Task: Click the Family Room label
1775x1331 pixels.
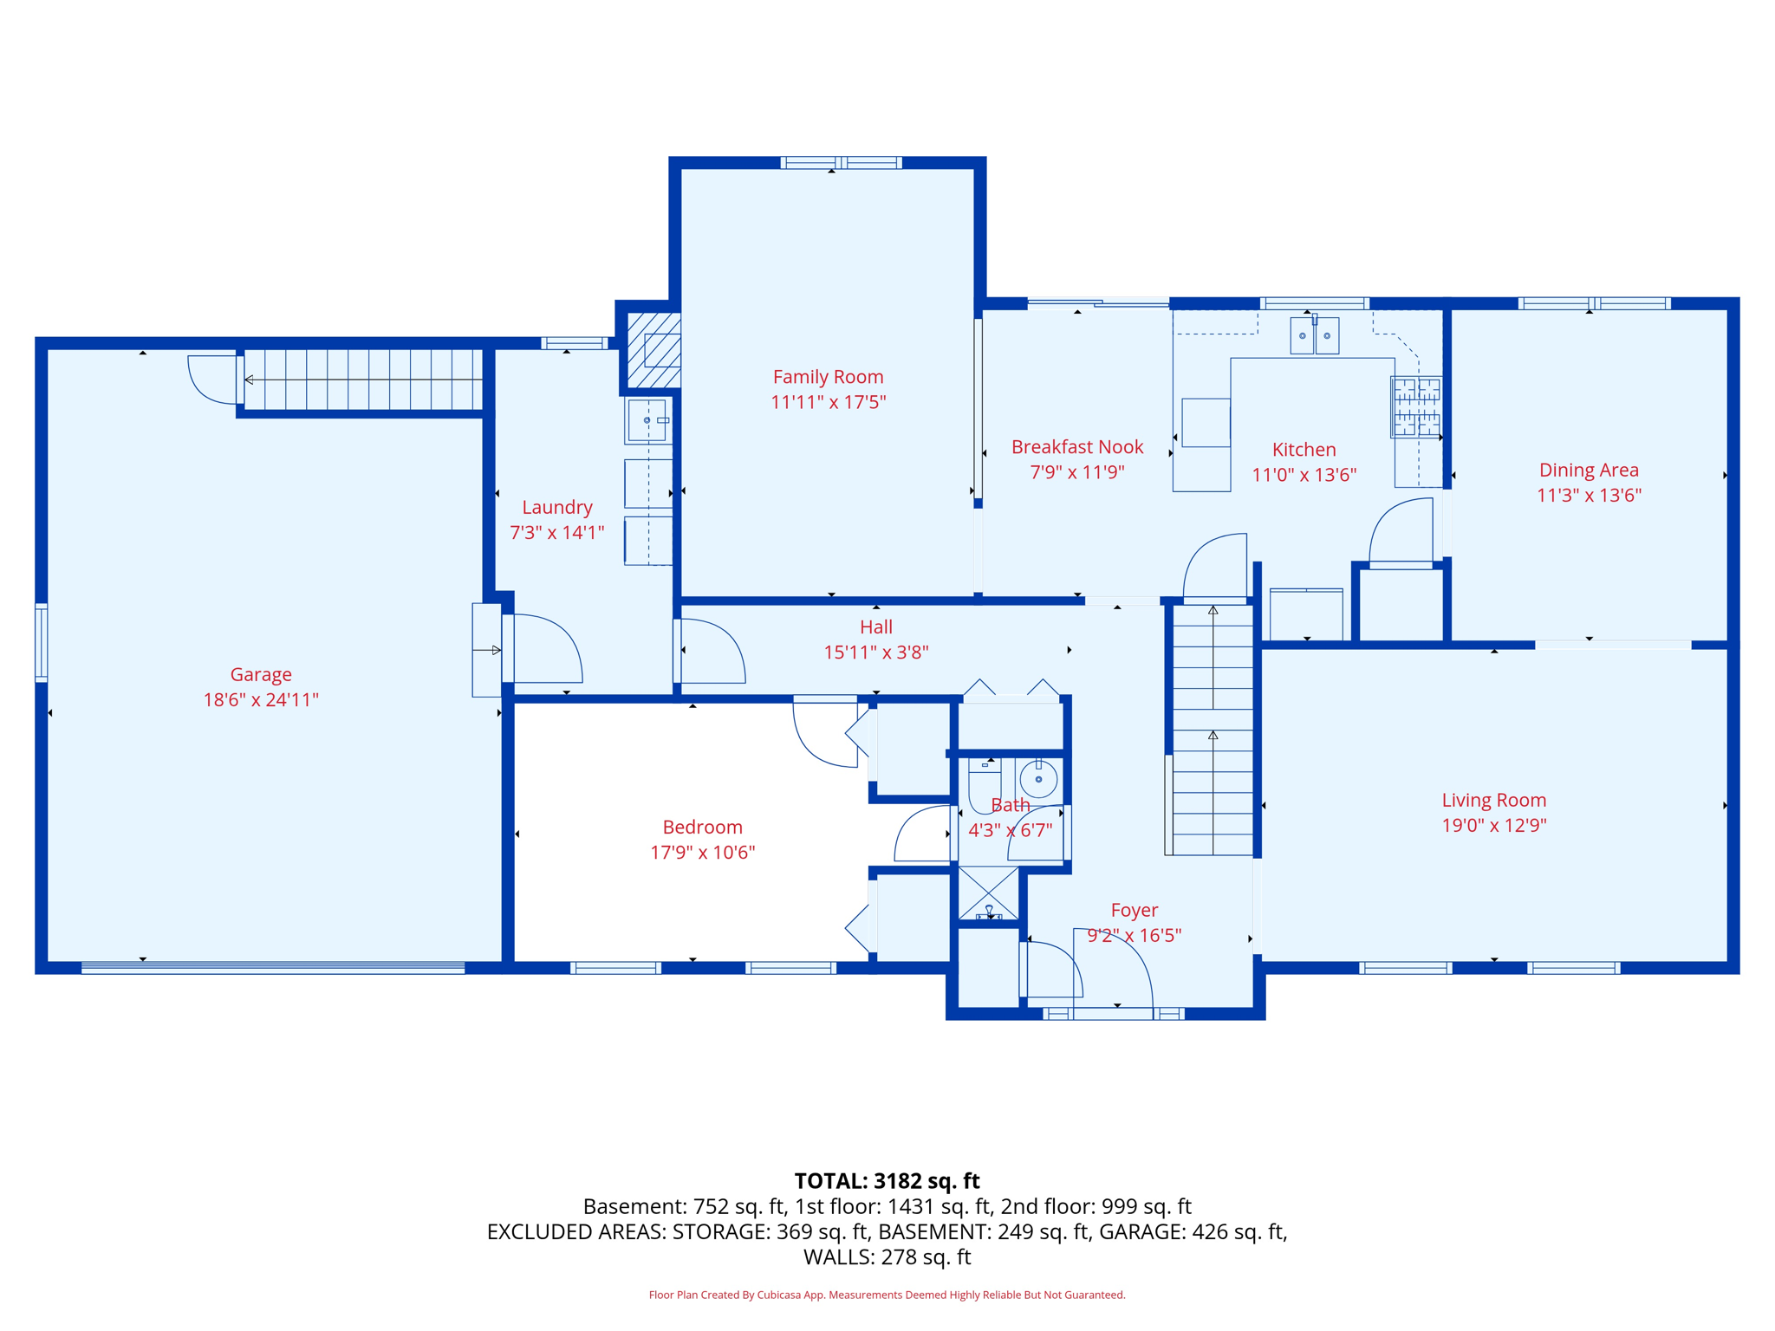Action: tap(828, 377)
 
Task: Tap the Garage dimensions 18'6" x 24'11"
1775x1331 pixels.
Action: tap(261, 699)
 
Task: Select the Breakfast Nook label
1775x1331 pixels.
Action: tap(1077, 447)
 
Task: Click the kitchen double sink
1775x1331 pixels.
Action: tap(1314, 335)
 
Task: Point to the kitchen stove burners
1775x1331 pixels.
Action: tap(1416, 406)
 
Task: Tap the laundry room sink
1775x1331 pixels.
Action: tap(648, 420)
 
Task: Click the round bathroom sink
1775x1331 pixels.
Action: tap(1037, 779)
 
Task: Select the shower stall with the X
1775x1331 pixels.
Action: tap(988, 893)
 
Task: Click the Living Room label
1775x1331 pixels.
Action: tap(1493, 801)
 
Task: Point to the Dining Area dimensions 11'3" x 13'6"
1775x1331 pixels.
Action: tap(1589, 495)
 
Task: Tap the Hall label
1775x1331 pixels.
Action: tap(875, 627)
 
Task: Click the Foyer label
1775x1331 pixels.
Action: tap(1134, 910)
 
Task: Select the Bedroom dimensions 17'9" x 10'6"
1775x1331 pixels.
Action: tap(702, 852)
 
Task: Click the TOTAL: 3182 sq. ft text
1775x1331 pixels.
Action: tap(887, 1181)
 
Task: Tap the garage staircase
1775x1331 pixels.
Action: tap(362, 380)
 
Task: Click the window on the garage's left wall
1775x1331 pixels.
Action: tap(41, 642)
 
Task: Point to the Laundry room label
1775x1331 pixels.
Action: tap(556, 508)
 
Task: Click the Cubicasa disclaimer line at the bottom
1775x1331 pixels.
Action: tap(887, 1295)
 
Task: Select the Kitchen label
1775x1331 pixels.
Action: tap(1304, 450)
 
